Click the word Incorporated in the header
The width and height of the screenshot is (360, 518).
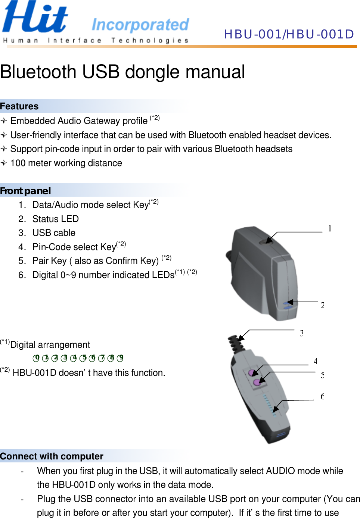coord(140,25)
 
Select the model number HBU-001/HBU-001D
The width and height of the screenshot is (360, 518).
coord(289,34)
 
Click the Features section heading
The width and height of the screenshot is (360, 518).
coord(19,106)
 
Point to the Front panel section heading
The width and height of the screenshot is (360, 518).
coord(25,191)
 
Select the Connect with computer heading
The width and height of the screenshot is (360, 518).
coord(52,456)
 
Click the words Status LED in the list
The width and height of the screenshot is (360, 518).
coord(56,219)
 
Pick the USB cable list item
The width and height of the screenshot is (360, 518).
coord(54,233)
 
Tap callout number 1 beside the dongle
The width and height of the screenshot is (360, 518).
coord(330,228)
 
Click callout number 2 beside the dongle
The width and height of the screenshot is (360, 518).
coord(322,305)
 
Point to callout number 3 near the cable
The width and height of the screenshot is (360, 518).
coord(301,333)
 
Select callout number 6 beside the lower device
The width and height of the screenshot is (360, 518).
coord(322,396)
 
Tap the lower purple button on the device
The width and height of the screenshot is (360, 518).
coord(257,382)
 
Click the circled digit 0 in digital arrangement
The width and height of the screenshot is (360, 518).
coord(36,358)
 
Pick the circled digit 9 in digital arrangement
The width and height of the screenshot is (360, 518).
coord(120,358)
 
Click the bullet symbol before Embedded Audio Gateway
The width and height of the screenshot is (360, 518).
coord(4,121)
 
